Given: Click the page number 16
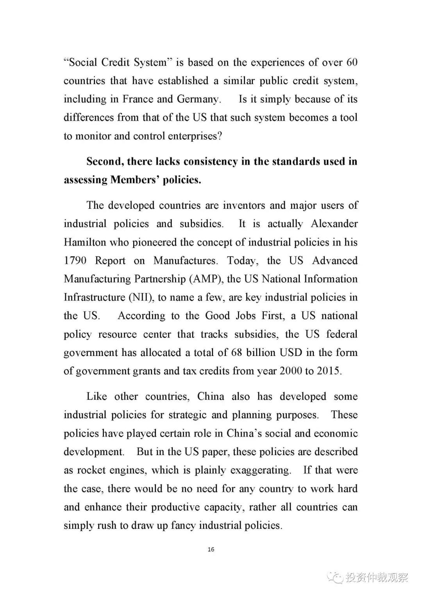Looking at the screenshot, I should [x=211, y=549].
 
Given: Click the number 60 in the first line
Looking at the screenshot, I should [x=352, y=62].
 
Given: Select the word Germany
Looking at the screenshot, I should [x=198, y=99].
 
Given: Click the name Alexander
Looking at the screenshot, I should [x=334, y=224].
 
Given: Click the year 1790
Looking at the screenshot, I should [x=75, y=261].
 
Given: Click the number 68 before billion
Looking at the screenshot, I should [x=236, y=353].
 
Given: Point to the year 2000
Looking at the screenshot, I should [x=290, y=371].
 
